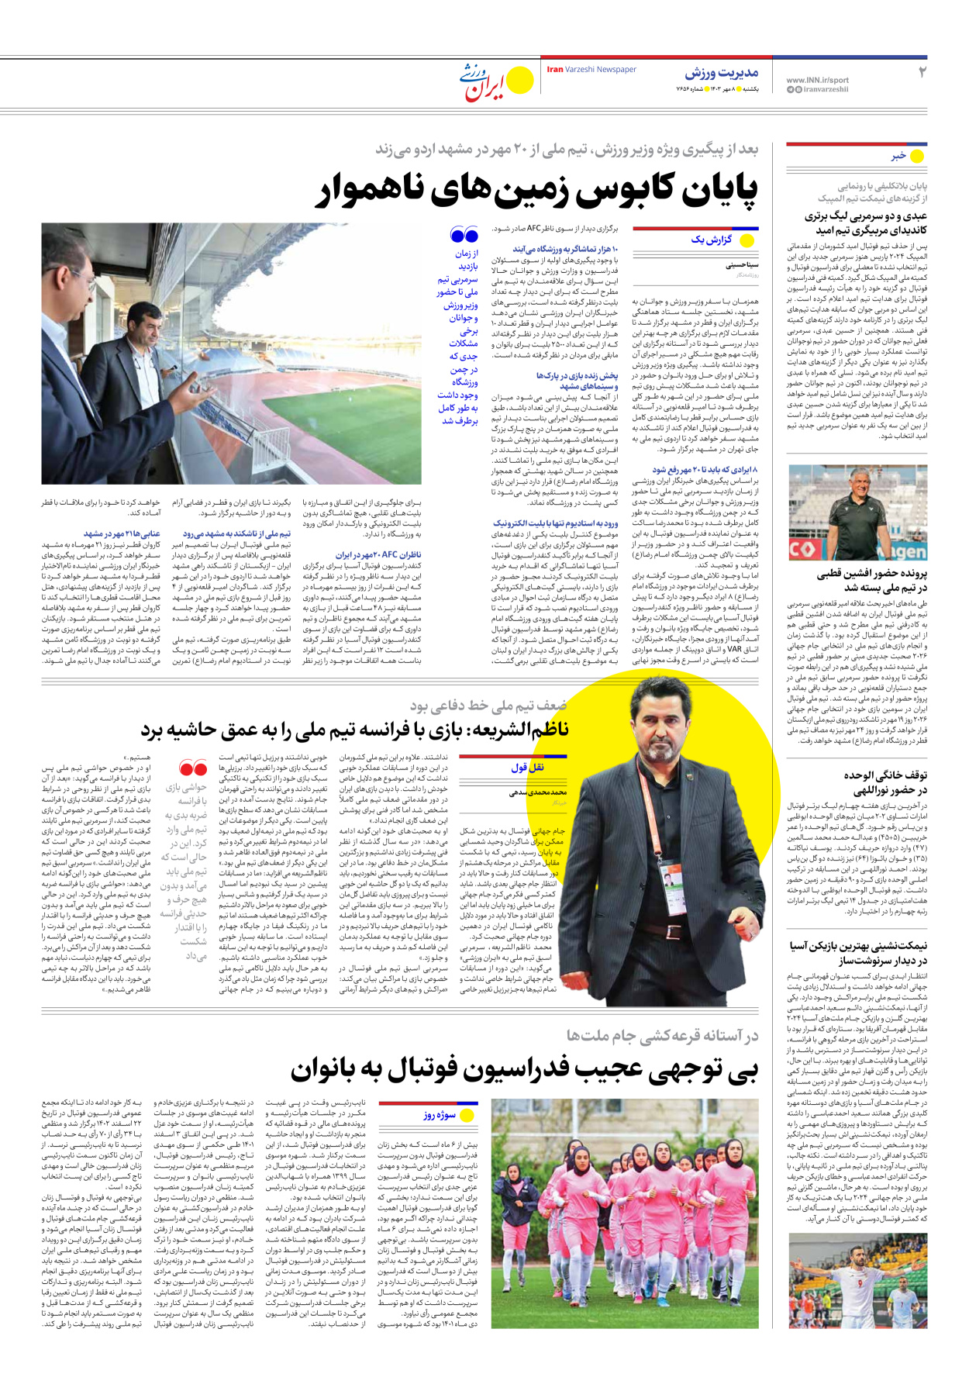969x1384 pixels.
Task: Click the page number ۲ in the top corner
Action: (922, 72)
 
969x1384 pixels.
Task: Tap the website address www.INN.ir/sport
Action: (817, 80)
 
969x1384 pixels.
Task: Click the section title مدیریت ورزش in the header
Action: (721, 73)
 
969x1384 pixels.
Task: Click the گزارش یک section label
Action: (711, 240)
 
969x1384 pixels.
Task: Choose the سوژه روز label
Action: (440, 1115)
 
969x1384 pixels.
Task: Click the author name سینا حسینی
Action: (742, 265)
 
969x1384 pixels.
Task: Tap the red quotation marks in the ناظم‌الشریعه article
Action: (192, 768)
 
